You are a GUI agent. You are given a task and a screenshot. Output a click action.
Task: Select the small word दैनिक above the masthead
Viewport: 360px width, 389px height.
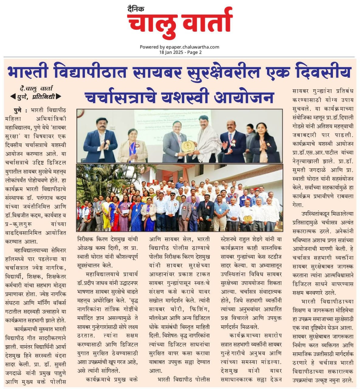[x=136, y=9]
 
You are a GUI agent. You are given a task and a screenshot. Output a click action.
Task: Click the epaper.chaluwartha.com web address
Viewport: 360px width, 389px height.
[x=192, y=47]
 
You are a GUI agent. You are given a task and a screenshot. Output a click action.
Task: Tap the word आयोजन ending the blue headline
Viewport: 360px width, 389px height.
[x=244, y=97]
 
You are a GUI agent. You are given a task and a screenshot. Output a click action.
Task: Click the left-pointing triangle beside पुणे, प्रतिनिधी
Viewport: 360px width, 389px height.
[x=13, y=97]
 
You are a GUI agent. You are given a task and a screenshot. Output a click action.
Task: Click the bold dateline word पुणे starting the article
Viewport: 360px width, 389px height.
[x=18, y=110]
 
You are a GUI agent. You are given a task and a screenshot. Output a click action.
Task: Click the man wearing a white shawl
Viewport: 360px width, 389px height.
[x=206, y=140]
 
